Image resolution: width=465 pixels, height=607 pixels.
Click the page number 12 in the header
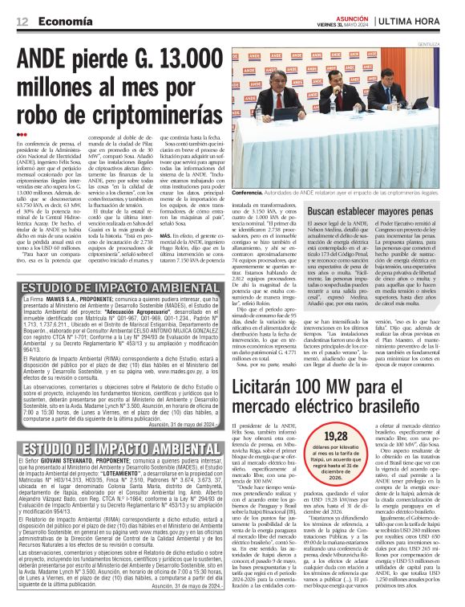click(x=22, y=22)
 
